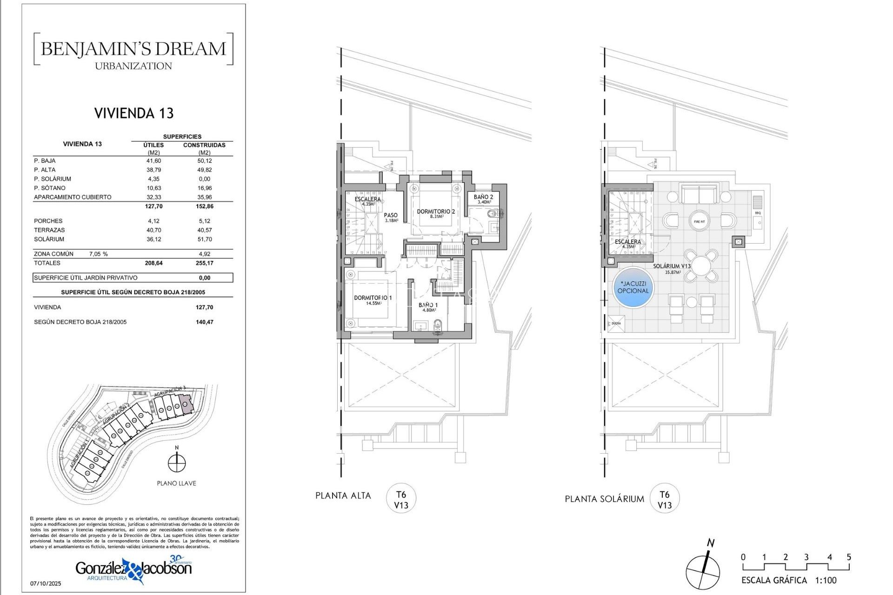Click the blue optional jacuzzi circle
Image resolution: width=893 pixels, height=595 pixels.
(633, 287)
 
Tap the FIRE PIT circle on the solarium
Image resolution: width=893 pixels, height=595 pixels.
(699, 221)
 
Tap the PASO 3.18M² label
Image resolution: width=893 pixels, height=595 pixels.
(391, 217)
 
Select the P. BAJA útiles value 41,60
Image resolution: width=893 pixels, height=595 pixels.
(153, 161)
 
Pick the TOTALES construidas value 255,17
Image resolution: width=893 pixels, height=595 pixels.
(204, 263)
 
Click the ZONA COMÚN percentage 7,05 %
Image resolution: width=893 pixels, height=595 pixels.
(99, 254)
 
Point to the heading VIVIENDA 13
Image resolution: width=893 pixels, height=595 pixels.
(134, 113)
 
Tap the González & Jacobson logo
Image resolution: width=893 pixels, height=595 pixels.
(134, 569)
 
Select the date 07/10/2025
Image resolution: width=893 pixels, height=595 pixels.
(46, 583)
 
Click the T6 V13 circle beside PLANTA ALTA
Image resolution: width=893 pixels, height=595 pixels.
(401, 500)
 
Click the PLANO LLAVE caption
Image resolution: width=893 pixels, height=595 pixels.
(176, 483)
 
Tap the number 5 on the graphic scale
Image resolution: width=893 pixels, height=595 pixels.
(849, 557)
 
